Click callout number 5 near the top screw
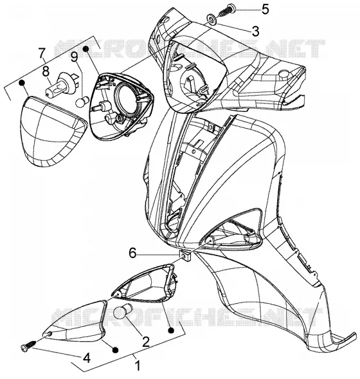pyautogui.click(x=265, y=9)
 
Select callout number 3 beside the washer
pyautogui.click(x=255, y=31)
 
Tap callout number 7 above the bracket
pyautogui.click(x=42, y=53)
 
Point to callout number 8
pyautogui.click(x=46, y=71)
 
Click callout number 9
pyautogui.click(x=74, y=57)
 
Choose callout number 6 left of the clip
pyautogui.click(x=132, y=254)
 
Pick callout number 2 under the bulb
pyautogui.click(x=145, y=342)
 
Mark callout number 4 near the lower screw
pyautogui.click(x=86, y=358)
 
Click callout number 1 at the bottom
pyautogui.click(x=138, y=365)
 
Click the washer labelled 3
pyautogui.click(x=212, y=19)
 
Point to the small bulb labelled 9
pyautogui.click(x=83, y=101)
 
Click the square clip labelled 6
pyautogui.click(x=185, y=255)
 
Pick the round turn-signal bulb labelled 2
pyautogui.click(x=122, y=311)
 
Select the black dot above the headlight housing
pyautogui.click(x=85, y=49)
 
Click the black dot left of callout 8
pyautogui.click(x=22, y=82)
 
